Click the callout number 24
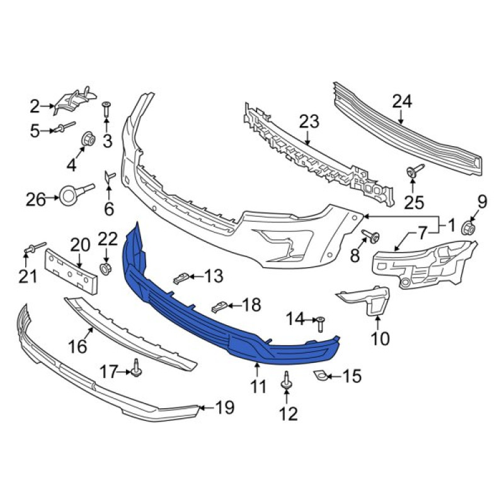click(402, 101)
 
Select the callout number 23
click(309, 122)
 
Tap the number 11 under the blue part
click(258, 386)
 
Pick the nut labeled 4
click(88, 139)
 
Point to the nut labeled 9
click(469, 229)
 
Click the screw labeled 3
click(106, 110)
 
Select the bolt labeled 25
click(415, 171)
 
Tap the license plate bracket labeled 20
click(71, 272)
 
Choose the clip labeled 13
click(181, 278)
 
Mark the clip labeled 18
click(220, 306)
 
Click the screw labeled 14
click(321, 324)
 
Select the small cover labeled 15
click(320, 375)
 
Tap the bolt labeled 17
click(136, 368)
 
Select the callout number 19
click(224, 408)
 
